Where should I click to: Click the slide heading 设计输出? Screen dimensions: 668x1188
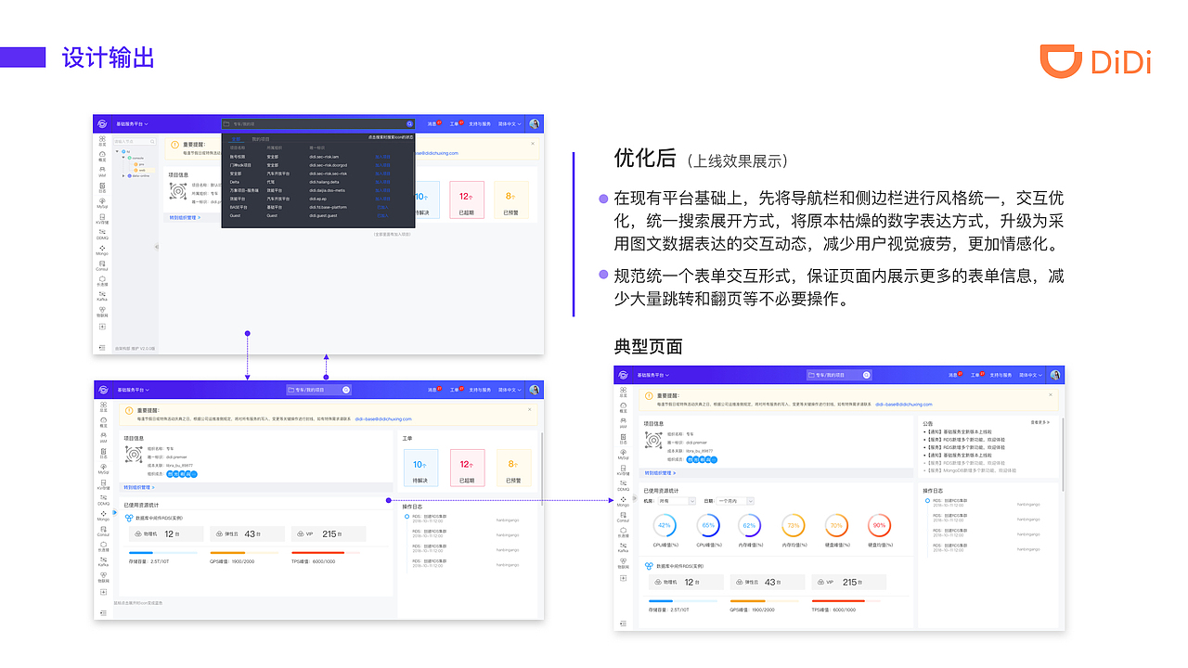click(108, 58)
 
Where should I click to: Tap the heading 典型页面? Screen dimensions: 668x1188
click(648, 346)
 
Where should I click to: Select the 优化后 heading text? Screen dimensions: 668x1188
click(645, 158)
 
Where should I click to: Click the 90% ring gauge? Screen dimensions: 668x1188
click(879, 526)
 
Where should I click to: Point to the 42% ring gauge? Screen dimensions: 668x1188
click(665, 526)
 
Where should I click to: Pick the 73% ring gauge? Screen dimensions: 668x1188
click(794, 526)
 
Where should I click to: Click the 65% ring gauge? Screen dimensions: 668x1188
click(708, 526)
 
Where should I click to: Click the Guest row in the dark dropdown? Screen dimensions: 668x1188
click(236, 215)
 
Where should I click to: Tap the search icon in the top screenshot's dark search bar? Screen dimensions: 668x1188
click(409, 123)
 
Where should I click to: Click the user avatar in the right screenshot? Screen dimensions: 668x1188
click(1054, 375)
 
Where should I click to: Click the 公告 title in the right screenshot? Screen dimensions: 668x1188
click(928, 423)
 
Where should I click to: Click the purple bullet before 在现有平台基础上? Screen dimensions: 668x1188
click(604, 199)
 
